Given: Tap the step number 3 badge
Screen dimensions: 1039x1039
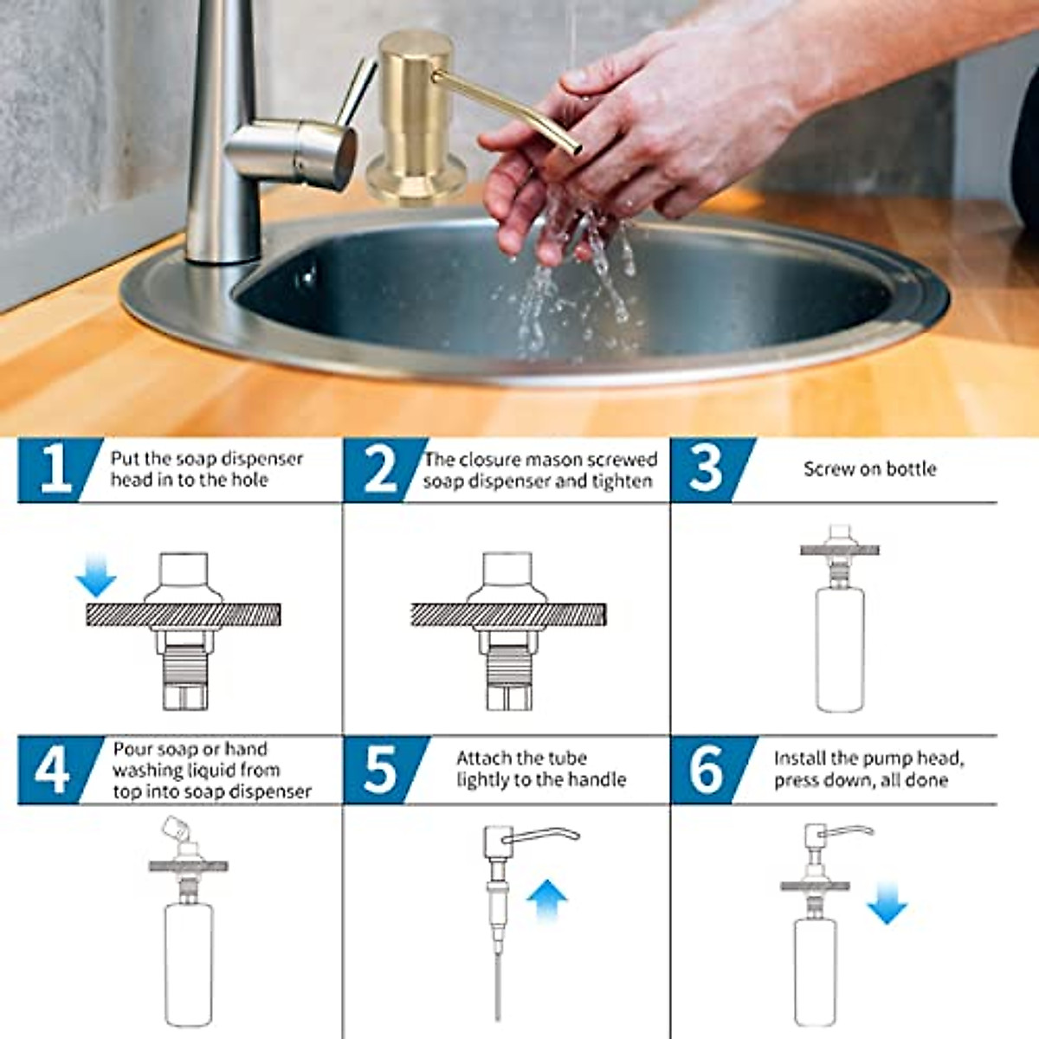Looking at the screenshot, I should point(707,469).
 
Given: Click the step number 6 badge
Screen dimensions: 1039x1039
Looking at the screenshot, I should point(707,769).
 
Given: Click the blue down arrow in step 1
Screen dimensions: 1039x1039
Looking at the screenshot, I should point(96,576).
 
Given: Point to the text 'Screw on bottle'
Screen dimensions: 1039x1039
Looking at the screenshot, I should point(869,469).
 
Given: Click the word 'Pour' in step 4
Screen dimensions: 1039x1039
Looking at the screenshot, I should point(132,749).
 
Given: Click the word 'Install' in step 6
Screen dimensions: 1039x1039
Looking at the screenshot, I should point(800,758).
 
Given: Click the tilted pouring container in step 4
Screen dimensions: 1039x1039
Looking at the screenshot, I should point(174,832).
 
